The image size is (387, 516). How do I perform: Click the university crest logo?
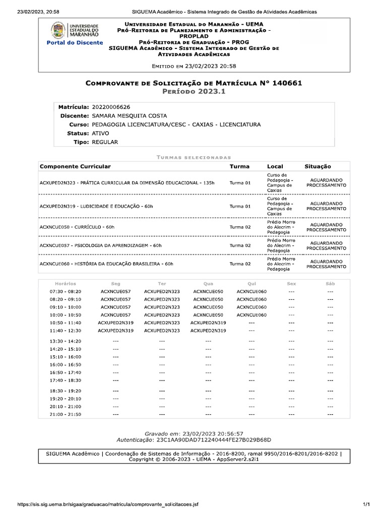click(58, 30)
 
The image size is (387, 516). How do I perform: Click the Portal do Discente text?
click(75, 43)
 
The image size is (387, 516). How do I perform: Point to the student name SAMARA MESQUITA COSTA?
click(129, 116)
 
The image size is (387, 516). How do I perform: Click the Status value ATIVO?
click(100, 134)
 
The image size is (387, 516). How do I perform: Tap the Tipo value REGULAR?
click(105, 142)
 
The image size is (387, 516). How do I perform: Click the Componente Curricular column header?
click(75, 166)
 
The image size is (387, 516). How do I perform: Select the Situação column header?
click(318, 166)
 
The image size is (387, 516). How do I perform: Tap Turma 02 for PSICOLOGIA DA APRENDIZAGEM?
click(240, 245)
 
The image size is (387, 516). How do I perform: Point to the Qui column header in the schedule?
click(252, 284)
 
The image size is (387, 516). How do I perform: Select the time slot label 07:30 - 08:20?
click(65, 291)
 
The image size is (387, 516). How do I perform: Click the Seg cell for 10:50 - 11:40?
click(115, 322)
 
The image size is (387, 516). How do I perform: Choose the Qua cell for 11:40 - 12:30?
click(208, 331)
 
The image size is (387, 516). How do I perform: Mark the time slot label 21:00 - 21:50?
click(65, 414)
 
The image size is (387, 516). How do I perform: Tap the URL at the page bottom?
click(108, 504)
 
